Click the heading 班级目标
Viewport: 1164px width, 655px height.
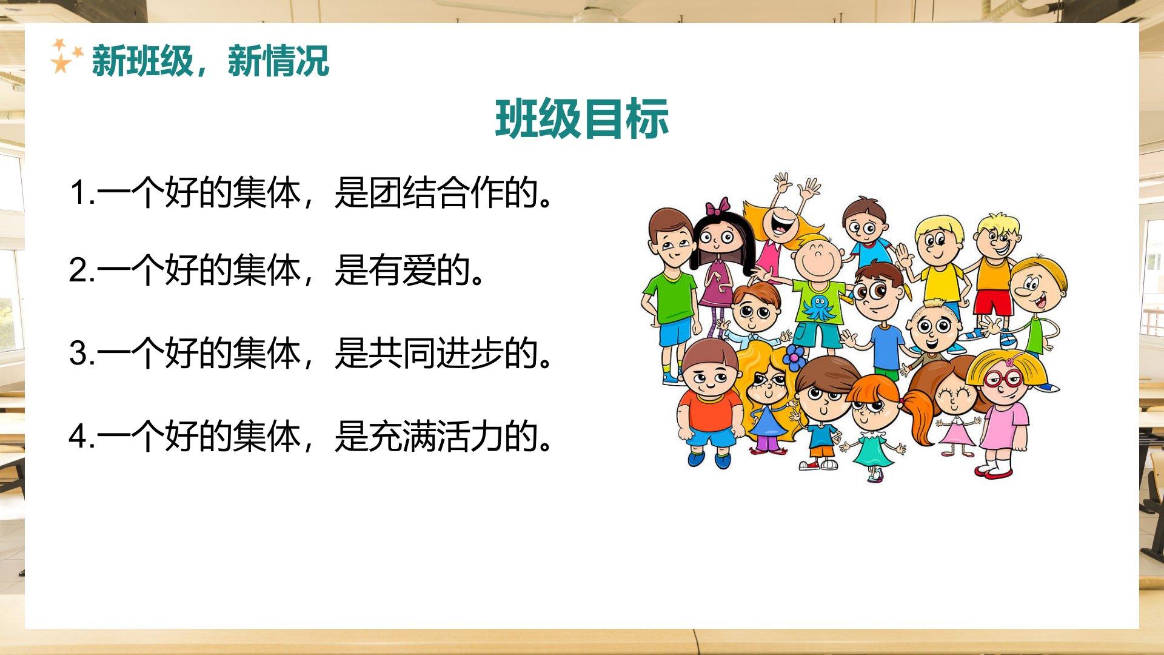582,118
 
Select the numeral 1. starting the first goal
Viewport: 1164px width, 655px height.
82,192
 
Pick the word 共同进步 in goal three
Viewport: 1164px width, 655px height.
436,354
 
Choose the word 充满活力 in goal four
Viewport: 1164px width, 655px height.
436,436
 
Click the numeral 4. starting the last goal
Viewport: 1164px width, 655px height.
82,436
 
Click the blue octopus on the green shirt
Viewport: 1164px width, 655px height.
817,306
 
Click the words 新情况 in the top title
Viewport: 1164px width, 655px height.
278,61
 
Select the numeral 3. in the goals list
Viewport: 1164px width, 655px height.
82,354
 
